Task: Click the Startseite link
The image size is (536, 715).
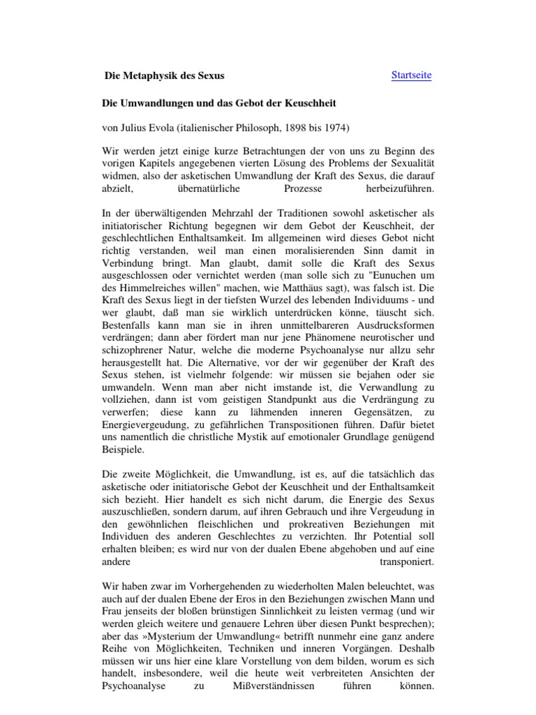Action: click(x=411, y=75)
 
